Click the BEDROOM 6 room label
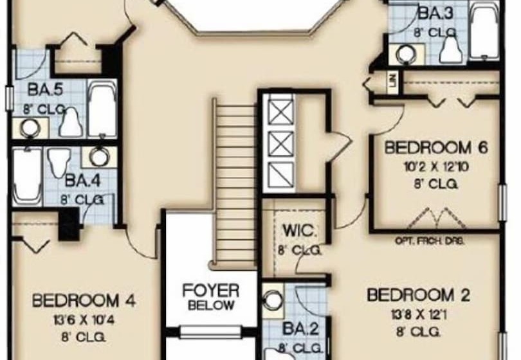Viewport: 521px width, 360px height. [x=435, y=147]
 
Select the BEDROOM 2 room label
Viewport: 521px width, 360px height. [x=418, y=296]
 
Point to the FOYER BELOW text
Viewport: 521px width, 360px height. [x=210, y=296]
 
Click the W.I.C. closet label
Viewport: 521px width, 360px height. [x=293, y=230]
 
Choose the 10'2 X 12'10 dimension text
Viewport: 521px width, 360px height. [x=435, y=166]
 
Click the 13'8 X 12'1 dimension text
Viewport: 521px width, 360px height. [x=418, y=314]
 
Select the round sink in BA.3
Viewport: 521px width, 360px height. [x=405, y=55]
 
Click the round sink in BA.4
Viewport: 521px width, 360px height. [x=99, y=157]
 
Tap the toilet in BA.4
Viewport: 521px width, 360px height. [x=60, y=161]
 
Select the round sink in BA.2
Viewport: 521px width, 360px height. [x=273, y=299]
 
